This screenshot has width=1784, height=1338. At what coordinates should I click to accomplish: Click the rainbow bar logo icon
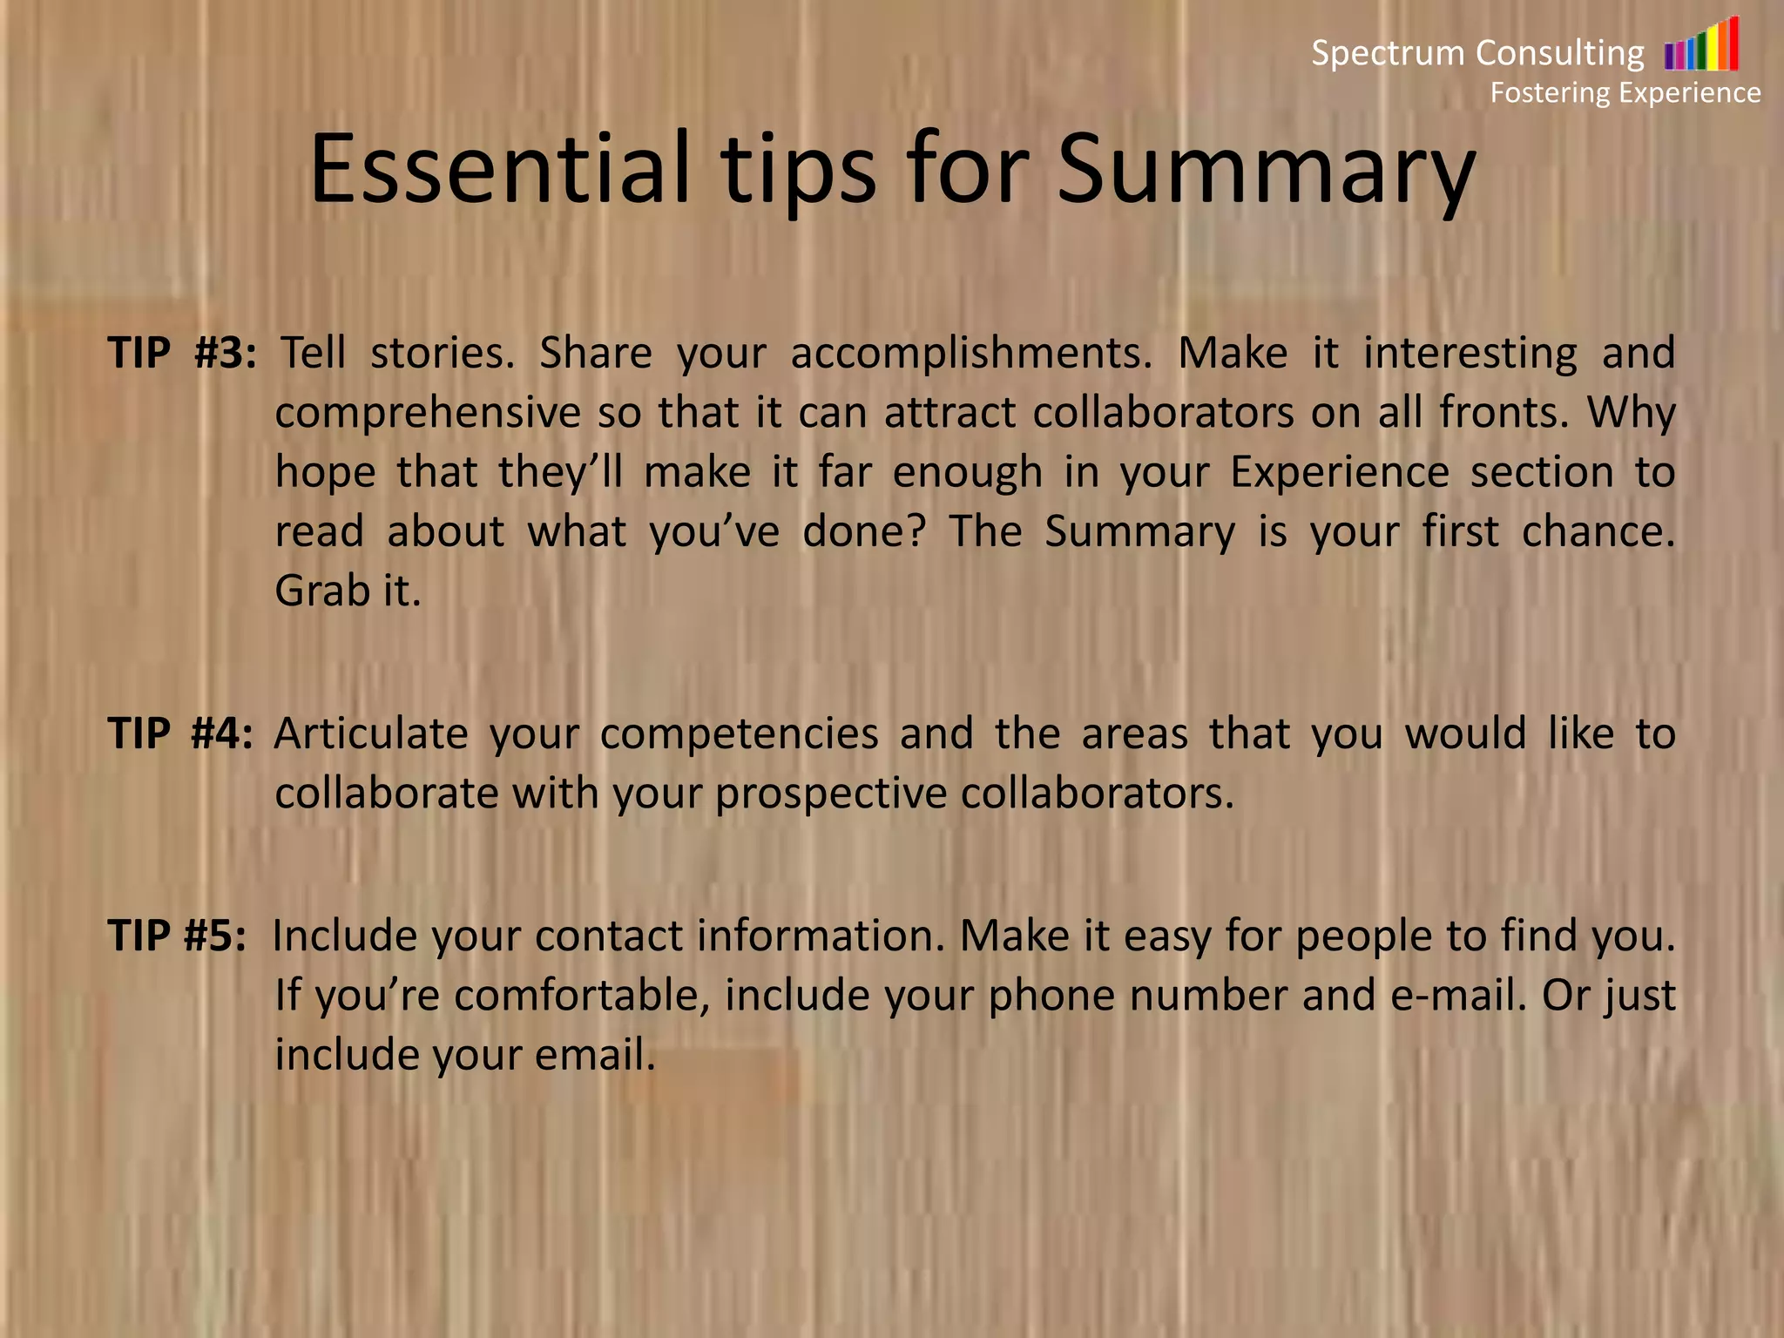point(1700,45)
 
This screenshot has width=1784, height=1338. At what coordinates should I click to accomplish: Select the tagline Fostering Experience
point(1625,92)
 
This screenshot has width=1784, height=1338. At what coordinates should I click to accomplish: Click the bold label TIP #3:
point(182,353)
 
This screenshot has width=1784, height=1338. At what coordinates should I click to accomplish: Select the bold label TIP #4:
point(180,733)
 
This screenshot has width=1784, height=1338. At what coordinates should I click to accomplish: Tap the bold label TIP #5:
point(177,936)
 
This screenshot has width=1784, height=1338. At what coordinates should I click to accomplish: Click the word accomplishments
point(971,354)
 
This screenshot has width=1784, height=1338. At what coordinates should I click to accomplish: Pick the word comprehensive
point(428,413)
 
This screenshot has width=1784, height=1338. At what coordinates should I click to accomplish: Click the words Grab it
point(348,591)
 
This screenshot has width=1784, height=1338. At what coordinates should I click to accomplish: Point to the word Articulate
point(371,733)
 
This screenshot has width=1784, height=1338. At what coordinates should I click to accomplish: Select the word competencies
point(739,733)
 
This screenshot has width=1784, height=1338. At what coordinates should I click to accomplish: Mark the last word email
point(594,1055)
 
